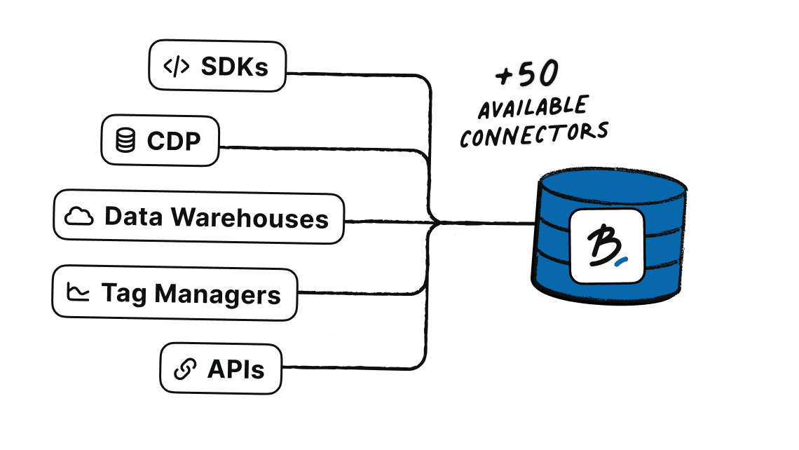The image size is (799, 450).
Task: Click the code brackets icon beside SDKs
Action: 176,66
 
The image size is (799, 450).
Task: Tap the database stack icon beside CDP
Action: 125,141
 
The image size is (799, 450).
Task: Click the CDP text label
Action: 174,141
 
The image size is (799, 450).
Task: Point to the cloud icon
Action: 79,217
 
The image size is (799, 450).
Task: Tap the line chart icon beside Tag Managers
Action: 78,292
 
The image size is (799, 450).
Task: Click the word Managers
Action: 218,294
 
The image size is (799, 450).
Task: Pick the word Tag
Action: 124,294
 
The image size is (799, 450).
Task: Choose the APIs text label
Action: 235,369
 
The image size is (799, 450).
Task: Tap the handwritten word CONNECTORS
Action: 534,133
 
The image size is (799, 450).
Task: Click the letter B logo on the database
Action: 601,245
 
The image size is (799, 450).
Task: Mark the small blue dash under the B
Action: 621,263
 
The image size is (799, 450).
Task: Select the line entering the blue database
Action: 491,224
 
